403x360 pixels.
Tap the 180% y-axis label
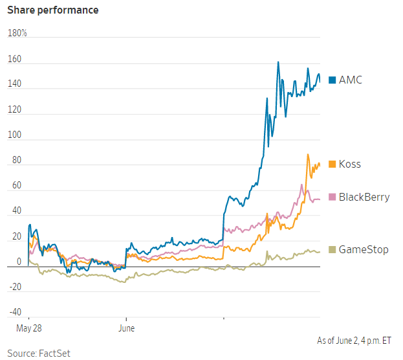click(x=17, y=33)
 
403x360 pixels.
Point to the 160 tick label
click(x=14, y=60)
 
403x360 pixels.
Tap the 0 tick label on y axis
click(x=19, y=262)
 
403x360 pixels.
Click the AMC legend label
click(x=351, y=80)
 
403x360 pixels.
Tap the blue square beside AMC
click(x=332, y=80)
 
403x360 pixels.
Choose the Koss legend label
click(x=350, y=164)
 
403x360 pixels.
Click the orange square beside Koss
click(x=332, y=164)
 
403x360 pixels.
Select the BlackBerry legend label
click(x=364, y=197)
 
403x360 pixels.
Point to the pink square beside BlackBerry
click(x=332, y=197)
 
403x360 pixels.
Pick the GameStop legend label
click(x=364, y=249)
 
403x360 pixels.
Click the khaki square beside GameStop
click(x=332, y=249)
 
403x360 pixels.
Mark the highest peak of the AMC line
click(x=278, y=62)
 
